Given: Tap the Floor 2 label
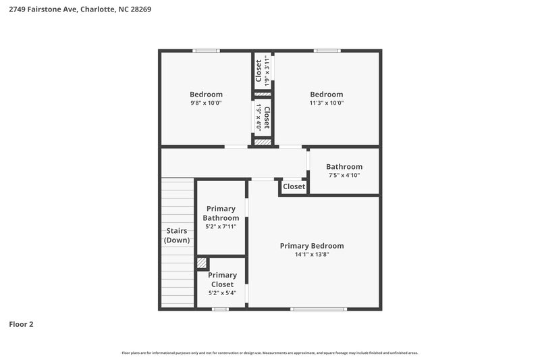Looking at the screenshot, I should pyautogui.click(x=21, y=324).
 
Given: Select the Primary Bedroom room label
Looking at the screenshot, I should pyautogui.click(x=312, y=246).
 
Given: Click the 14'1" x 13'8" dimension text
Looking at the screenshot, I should pyautogui.click(x=312, y=255).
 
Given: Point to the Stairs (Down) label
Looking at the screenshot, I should pyautogui.click(x=177, y=236).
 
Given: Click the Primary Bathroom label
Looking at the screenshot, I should pyautogui.click(x=222, y=213).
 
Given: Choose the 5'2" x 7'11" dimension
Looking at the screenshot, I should pyautogui.click(x=222, y=227).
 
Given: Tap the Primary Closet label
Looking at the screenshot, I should pyautogui.click(x=222, y=280).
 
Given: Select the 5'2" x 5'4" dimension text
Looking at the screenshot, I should pyautogui.click(x=222, y=293).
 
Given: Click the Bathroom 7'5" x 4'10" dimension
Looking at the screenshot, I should pyautogui.click(x=344, y=176).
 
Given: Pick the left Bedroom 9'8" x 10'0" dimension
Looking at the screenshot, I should pyautogui.click(x=206, y=103).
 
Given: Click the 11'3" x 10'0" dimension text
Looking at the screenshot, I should pyautogui.click(x=326, y=103).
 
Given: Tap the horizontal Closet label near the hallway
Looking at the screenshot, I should pyautogui.click(x=294, y=186).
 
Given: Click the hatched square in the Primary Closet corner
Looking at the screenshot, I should pyautogui.click(x=201, y=263).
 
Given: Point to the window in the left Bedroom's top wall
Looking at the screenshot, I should pyautogui.click(x=206, y=51).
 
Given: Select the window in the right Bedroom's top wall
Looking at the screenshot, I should pyautogui.click(x=326, y=51).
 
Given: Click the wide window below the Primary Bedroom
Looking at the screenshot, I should pyautogui.click(x=318, y=309).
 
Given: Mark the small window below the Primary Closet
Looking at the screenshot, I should pyautogui.click(x=219, y=309).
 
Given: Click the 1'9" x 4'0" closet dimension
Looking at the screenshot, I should pyautogui.click(x=258, y=118).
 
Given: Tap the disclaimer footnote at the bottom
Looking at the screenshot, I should pyautogui.click(x=269, y=353).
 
